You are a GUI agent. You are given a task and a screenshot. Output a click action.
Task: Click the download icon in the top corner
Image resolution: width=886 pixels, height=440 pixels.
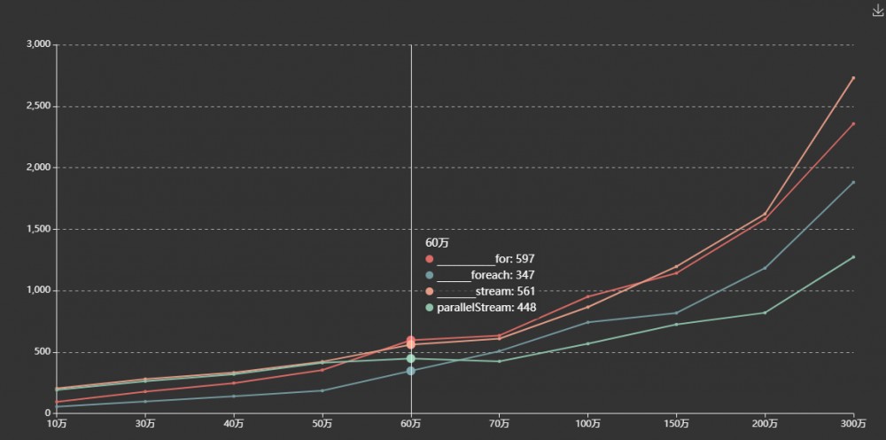878,11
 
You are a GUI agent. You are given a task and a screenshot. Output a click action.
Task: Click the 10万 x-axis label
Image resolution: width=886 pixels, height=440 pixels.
57,424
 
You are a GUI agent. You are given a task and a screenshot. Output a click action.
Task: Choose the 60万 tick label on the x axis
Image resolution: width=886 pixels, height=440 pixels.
411,424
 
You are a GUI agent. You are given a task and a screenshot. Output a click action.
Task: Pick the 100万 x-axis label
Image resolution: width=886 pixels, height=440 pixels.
587,424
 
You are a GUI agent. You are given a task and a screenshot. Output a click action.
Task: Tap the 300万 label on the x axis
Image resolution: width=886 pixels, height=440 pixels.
853,424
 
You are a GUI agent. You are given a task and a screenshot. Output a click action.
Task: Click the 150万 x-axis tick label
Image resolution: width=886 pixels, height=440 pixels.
676,424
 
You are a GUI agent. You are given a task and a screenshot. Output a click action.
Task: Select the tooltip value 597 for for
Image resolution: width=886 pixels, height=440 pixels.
525,259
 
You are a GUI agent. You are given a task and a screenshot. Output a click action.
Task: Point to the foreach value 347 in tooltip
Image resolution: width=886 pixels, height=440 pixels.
525,275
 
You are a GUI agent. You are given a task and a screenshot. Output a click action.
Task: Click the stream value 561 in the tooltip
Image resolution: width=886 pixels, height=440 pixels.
525,291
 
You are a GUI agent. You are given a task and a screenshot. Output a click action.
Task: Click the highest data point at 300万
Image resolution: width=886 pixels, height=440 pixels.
853,78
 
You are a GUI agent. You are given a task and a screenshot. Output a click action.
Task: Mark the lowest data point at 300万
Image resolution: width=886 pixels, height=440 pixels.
853,257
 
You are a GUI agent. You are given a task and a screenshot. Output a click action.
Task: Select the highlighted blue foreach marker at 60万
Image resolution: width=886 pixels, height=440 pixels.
411,371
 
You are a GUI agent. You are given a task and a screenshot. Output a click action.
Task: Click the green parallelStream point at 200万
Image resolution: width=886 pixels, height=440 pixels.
765,312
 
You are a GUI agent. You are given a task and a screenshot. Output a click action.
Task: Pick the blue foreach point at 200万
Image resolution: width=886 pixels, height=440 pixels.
765,268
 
